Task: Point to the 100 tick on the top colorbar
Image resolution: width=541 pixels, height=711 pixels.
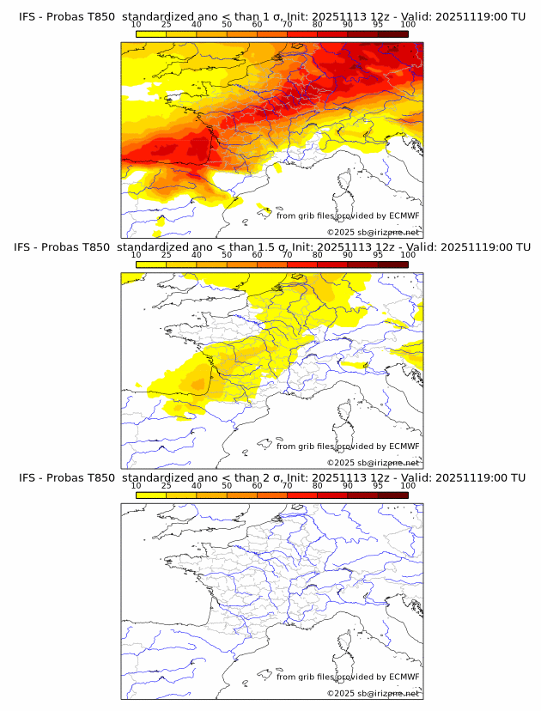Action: point(408,25)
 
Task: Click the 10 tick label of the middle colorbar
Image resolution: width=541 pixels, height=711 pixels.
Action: point(136,255)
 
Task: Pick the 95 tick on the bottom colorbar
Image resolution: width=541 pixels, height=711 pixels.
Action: point(378,485)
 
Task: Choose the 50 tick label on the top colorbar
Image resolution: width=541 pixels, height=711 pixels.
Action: point(227,25)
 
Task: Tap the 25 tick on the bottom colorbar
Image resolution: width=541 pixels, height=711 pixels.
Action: point(166,485)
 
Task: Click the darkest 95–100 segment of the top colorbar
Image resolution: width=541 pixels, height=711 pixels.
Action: point(392,34)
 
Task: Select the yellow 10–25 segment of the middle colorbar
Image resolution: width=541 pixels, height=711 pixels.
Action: point(151,264)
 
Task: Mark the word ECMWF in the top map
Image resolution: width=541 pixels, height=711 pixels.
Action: point(404,216)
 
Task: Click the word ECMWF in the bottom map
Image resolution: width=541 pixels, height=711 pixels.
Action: point(404,677)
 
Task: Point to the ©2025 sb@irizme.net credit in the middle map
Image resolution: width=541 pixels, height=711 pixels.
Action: point(373,462)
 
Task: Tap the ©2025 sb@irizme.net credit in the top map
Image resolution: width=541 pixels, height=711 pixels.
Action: point(373,232)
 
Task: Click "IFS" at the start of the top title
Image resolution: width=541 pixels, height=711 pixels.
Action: point(27,17)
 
